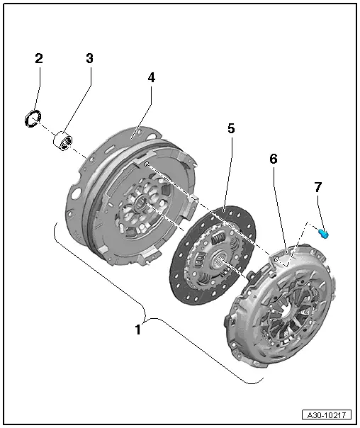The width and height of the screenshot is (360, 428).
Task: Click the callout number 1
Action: (139, 329)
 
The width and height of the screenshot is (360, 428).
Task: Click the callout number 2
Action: (39, 58)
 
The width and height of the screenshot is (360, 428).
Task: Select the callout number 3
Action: (89, 58)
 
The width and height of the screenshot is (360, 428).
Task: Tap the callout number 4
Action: (151, 77)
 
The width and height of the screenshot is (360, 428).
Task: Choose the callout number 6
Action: (273, 159)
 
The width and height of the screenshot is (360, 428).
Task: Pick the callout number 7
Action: (318, 187)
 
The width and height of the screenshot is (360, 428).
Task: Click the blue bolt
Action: (325, 232)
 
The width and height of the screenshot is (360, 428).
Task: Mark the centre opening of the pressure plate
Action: (286, 312)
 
